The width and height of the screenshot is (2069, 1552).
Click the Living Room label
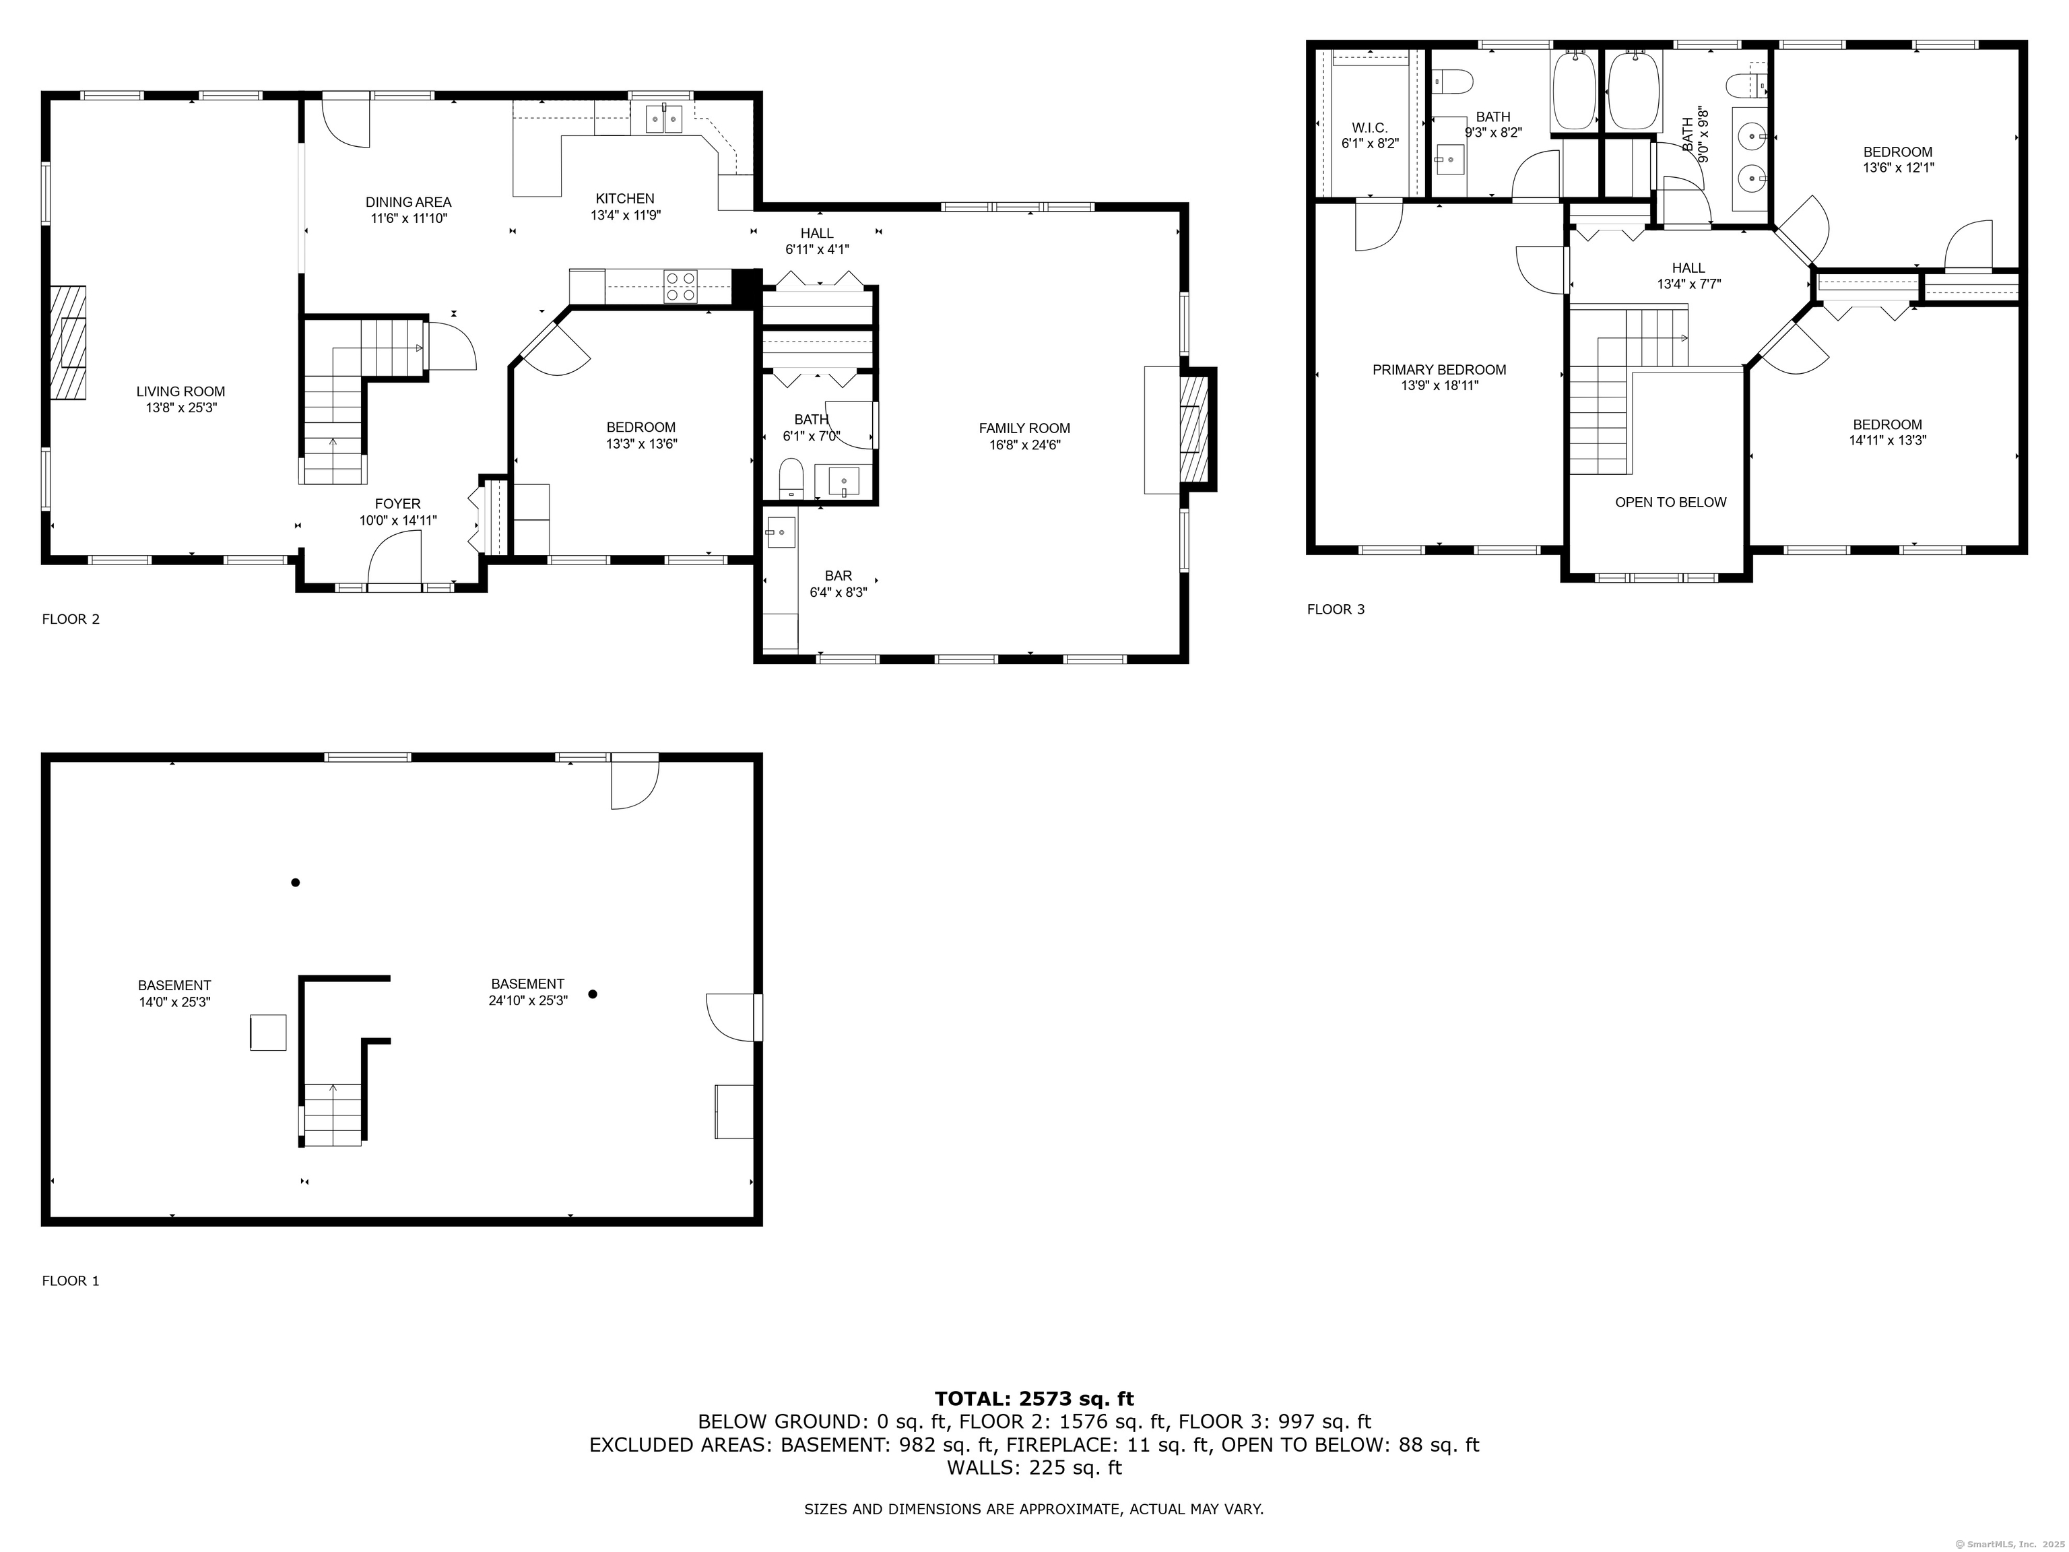[180, 399]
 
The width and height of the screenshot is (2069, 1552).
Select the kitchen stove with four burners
[680, 286]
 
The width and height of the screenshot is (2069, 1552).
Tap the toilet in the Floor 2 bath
[791, 478]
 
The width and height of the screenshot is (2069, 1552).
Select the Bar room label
[838, 584]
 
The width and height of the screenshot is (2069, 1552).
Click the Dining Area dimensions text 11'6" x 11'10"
[408, 218]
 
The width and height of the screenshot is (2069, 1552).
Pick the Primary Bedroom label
[1439, 377]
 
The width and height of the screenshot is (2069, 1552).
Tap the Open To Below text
[1670, 503]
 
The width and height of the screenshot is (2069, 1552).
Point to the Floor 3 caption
[1336, 609]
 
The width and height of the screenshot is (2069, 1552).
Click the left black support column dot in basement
[296, 882]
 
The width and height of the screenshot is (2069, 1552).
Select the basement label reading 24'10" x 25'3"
[527, 999]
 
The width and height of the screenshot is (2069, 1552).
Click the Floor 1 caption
[70, 1281]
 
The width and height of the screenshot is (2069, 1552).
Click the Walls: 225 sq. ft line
[1034, 1467]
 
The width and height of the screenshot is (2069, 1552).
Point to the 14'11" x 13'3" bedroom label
[1888, 440]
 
